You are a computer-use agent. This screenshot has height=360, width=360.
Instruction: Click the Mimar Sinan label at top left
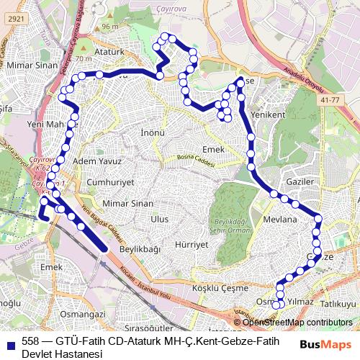pyautogui.click(x=31, y=65)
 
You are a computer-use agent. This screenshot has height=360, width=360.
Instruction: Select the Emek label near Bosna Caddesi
pyautogui.click(x=214, y=149)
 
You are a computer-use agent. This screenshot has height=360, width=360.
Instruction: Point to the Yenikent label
pyautogui.click(x=268, y=114)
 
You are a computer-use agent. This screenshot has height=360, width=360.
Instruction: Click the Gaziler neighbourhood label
pyautogui.click(x=300, y=182)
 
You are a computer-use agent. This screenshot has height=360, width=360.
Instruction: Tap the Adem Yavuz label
pyautogui.click(x=94, y=163)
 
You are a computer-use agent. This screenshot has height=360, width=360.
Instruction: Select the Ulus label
pyautogui.click(x=159, y=219)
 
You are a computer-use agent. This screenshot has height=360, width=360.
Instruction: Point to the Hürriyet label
pyautogui.click(x=192, y=245)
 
